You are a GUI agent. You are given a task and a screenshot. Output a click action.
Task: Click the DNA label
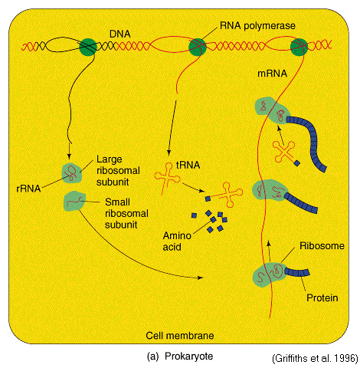pyautogui.click(x=119, y=34)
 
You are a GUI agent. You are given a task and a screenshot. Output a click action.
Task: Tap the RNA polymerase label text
pyautogui.click(x=257, y=25)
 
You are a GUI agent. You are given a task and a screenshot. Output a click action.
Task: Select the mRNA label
pyautogui.click(x=272, y=74)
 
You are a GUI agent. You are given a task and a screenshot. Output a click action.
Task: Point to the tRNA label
pyautogui.click(x=188, y=165)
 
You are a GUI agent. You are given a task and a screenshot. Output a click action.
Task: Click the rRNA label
pyautogui.click(x=28, y=189)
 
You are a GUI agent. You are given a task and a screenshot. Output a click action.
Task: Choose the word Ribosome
pyautogui.click(x=322, y=246)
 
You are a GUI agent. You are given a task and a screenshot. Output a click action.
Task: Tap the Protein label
pyautogui.click(x=322, y=298)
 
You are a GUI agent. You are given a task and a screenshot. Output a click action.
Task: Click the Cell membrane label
pyautogui.click(x=180, y=336)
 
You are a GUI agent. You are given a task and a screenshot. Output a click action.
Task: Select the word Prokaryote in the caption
pyautogui.click(x=188, y=356)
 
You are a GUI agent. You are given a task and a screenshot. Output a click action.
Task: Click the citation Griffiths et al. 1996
pyautogui.click(x=315, y=358)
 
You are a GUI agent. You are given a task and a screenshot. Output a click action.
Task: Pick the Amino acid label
pyautogui.click(x=177, y=242)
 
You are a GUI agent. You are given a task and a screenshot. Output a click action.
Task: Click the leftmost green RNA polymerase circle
pyautogui.click(x=88, y=47)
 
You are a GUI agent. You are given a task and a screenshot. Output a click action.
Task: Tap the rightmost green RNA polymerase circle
pyautogui.click(x=299, y=47)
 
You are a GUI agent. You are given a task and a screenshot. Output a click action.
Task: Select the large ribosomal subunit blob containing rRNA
pyautogui.click(x=72, y=173)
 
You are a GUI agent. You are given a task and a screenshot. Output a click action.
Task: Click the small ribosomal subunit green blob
pyautogui.click(x=74, y=201)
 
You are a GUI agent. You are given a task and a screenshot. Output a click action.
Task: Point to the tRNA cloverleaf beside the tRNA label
pyautogui.click(x=167, y=178)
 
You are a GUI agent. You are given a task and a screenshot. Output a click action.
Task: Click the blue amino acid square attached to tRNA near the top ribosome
pyautogui.click(x=296, y=163)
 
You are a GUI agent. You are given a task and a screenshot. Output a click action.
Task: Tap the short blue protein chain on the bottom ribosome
pyautogui.click(x=297, y=272)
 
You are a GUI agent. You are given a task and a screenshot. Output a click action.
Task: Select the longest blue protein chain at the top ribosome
pyautogui.click(x=311, y=140)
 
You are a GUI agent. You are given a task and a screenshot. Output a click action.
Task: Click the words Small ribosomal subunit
pyautogui.click(x=126, y=213)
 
